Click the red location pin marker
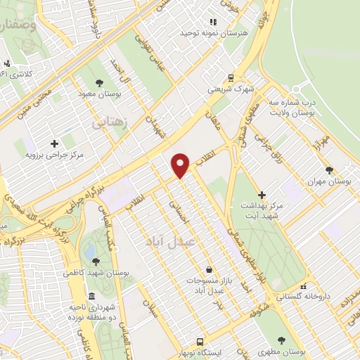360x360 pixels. click(x=181, y=165)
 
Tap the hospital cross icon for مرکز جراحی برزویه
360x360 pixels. click(x=54, y=143)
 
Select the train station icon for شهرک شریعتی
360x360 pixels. click(x=230, y=78)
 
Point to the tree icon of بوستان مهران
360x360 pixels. click(x=329, y=169)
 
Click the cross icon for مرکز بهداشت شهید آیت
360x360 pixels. click(x=262, y=195)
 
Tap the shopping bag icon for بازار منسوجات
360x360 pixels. click(x=209, y=269)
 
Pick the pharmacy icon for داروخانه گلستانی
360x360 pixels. click(x=304, y=286)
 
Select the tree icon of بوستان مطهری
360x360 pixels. click(x=283, y=339)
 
